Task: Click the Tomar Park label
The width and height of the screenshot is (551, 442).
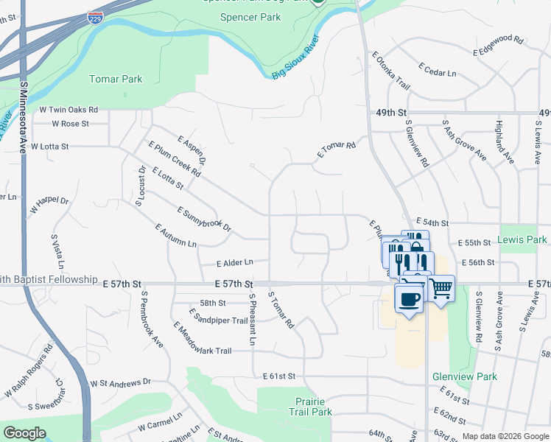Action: click(116, 79)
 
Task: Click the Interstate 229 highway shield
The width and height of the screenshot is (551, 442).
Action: click(94, 16)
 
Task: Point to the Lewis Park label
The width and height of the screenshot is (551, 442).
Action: click(522, 239)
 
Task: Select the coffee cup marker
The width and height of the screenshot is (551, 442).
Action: click(409, 298)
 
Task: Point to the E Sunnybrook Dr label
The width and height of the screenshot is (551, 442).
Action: click(204, 220)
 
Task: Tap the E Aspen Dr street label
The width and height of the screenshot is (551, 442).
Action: click(192, 150)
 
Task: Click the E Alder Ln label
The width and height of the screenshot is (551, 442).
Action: click(234, 262)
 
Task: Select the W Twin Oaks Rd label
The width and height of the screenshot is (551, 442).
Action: click(69, 109)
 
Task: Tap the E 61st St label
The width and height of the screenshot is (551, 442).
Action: click(278, 376)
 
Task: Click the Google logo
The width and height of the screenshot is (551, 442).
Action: click(24, 433)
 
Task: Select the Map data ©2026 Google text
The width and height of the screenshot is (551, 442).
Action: click(505, 437)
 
